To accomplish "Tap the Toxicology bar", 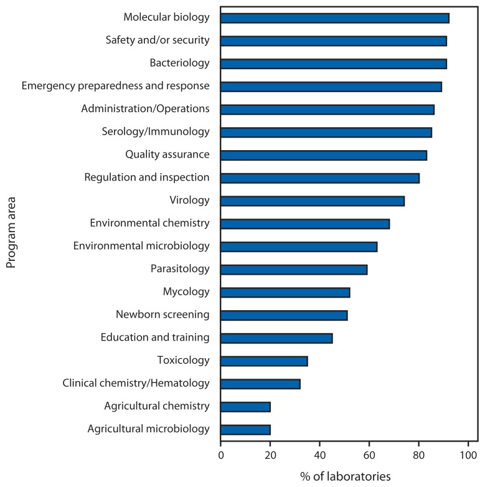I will point(264,361).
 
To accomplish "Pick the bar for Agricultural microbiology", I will point(245,429).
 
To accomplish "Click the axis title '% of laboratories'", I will point(346,476).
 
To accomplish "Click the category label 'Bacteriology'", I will point(179,64).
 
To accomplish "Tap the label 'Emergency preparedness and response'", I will point(115,86).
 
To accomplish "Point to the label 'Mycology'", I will point(186,292).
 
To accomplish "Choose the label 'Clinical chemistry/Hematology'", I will point(136,383).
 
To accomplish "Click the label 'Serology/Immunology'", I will point(155,132).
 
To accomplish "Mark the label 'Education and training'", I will point(155,338).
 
